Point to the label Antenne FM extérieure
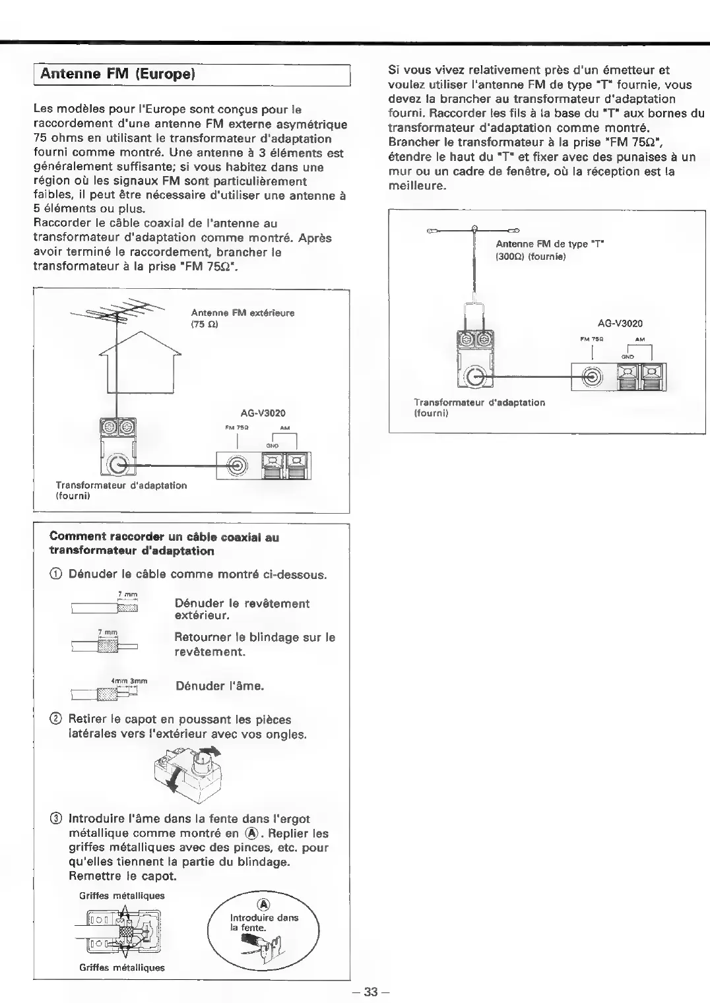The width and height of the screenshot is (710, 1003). [x=243, y=313]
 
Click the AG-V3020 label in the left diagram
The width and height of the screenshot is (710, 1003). [x=263, y=413]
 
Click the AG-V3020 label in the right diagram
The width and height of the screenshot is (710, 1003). [x=620, y=324]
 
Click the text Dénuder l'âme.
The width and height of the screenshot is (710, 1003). [x=220, y=686]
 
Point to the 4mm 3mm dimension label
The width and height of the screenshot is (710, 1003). [x=129, y=681]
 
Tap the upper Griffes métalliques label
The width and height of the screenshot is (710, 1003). [x=122, y=896]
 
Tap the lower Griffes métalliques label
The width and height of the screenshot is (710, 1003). [x=122, y=967]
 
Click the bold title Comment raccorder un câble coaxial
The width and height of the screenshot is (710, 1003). [x=164, y=544]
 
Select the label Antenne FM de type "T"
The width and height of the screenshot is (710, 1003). [x=550, y=244]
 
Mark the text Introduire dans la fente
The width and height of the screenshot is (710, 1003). [x=263, y=923]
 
